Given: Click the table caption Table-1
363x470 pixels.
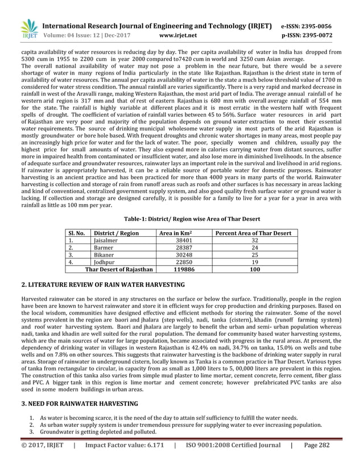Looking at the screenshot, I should coord(181,217).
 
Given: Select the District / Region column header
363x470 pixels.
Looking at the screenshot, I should coord(117,233).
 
